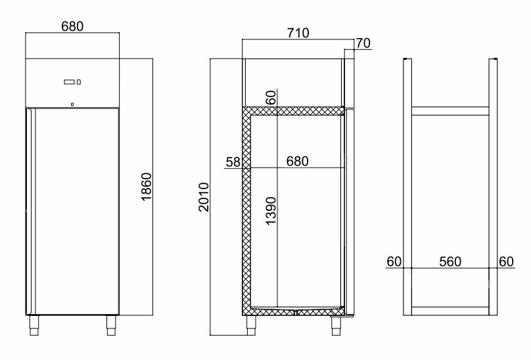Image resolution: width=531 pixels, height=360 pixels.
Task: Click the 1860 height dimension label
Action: (147, 187)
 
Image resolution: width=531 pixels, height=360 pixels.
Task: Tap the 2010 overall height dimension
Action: (204, 197)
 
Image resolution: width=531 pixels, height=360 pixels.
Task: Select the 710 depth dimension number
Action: (298, 33)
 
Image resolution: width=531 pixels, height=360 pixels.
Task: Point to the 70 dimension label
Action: (363, 43)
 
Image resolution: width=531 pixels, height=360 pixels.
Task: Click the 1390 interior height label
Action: (271, 211)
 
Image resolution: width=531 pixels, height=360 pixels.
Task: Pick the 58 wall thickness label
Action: (233, 162)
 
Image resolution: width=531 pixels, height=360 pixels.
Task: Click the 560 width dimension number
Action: (450, 261)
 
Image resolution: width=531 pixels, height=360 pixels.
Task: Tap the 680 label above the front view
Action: (72, 26)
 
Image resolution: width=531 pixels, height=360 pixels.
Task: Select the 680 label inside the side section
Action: (297, 161)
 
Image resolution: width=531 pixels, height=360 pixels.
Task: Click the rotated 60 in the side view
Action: (271, 97)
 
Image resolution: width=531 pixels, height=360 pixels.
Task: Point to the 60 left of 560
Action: (394, 261)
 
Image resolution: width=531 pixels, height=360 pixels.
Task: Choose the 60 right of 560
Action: (506, 261)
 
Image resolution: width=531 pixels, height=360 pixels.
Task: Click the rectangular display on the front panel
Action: (69, 82)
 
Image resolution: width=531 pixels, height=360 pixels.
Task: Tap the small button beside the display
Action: (79, 82)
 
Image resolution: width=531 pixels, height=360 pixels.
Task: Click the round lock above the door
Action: (72, 104)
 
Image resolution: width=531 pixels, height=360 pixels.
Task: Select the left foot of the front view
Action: (34, 325)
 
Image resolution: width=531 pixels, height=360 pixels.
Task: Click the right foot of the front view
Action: (111, 325)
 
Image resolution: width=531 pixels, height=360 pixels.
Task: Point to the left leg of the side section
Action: (251, 325)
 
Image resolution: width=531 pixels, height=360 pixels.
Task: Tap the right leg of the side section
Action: (336, 326)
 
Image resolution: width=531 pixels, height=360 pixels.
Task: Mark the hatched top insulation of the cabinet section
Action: (293, 111)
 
